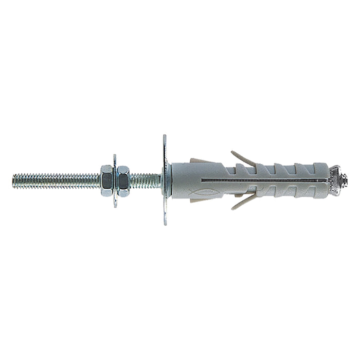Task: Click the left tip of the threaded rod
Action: (x=14, y=181)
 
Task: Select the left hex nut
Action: (x=106, y=181)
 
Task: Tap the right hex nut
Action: (x=122, y=181)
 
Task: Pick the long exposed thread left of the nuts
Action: (x=57, y=181)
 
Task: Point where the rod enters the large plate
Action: (x=161, y=180)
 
